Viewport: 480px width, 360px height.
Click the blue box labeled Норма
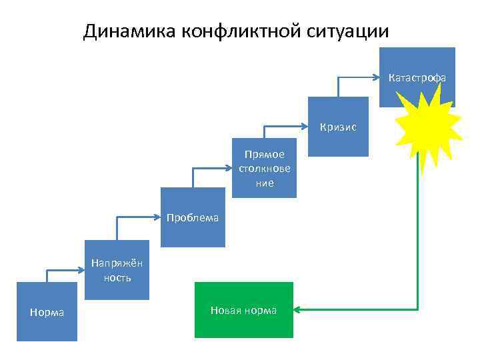pyautogui.click(x=47, y=312)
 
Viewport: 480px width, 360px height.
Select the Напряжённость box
pyautogui.click(x=117, y=270)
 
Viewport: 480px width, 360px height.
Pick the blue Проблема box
pyautogui.click(x=193, y=217)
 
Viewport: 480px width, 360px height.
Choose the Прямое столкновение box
pyautogui.click(x=265, y=168)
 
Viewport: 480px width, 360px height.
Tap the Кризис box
pyautogui.click(x=338, y=127)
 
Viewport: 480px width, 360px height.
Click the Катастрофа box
pyautogui.click(x=417, y=77)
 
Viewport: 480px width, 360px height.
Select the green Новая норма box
pyautogui.click(x=243, y=310)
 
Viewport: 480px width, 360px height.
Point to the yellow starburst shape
pyautogui.click(x=427, y=123)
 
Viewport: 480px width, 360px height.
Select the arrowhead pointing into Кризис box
pyautogui.click(x=304, y=126)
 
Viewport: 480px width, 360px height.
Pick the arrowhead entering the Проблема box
pyautogui.click(x=157, y=217)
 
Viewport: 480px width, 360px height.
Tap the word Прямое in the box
pyautogui.click(x=265, y=155)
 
